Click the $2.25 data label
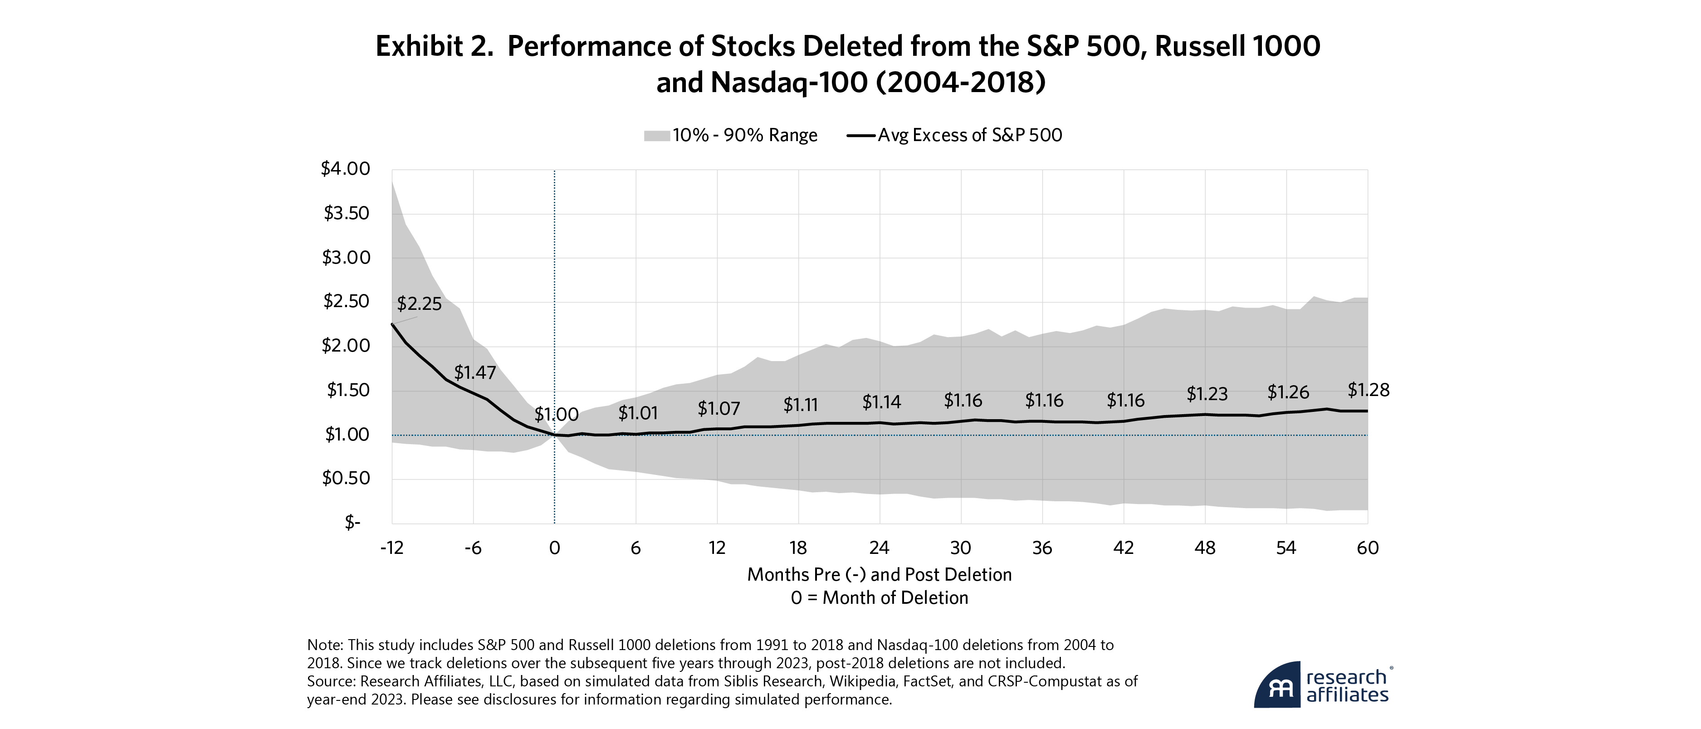coord(419,304)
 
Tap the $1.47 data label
coord(475,372)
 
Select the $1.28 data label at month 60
coord(1368,390)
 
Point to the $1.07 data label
coord(719,409)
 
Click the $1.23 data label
coord(1207,394)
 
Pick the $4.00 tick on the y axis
coord(345,169)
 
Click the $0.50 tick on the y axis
coord(345,478)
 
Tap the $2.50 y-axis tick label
coord(345,302)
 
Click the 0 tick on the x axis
coord(555,548)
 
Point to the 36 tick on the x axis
coord(1042,548)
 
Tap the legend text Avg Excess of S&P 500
coord(969,135)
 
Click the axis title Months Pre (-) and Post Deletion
coord(879,574)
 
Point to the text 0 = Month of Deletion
coord(879,597)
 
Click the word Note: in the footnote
coord(325,645)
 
